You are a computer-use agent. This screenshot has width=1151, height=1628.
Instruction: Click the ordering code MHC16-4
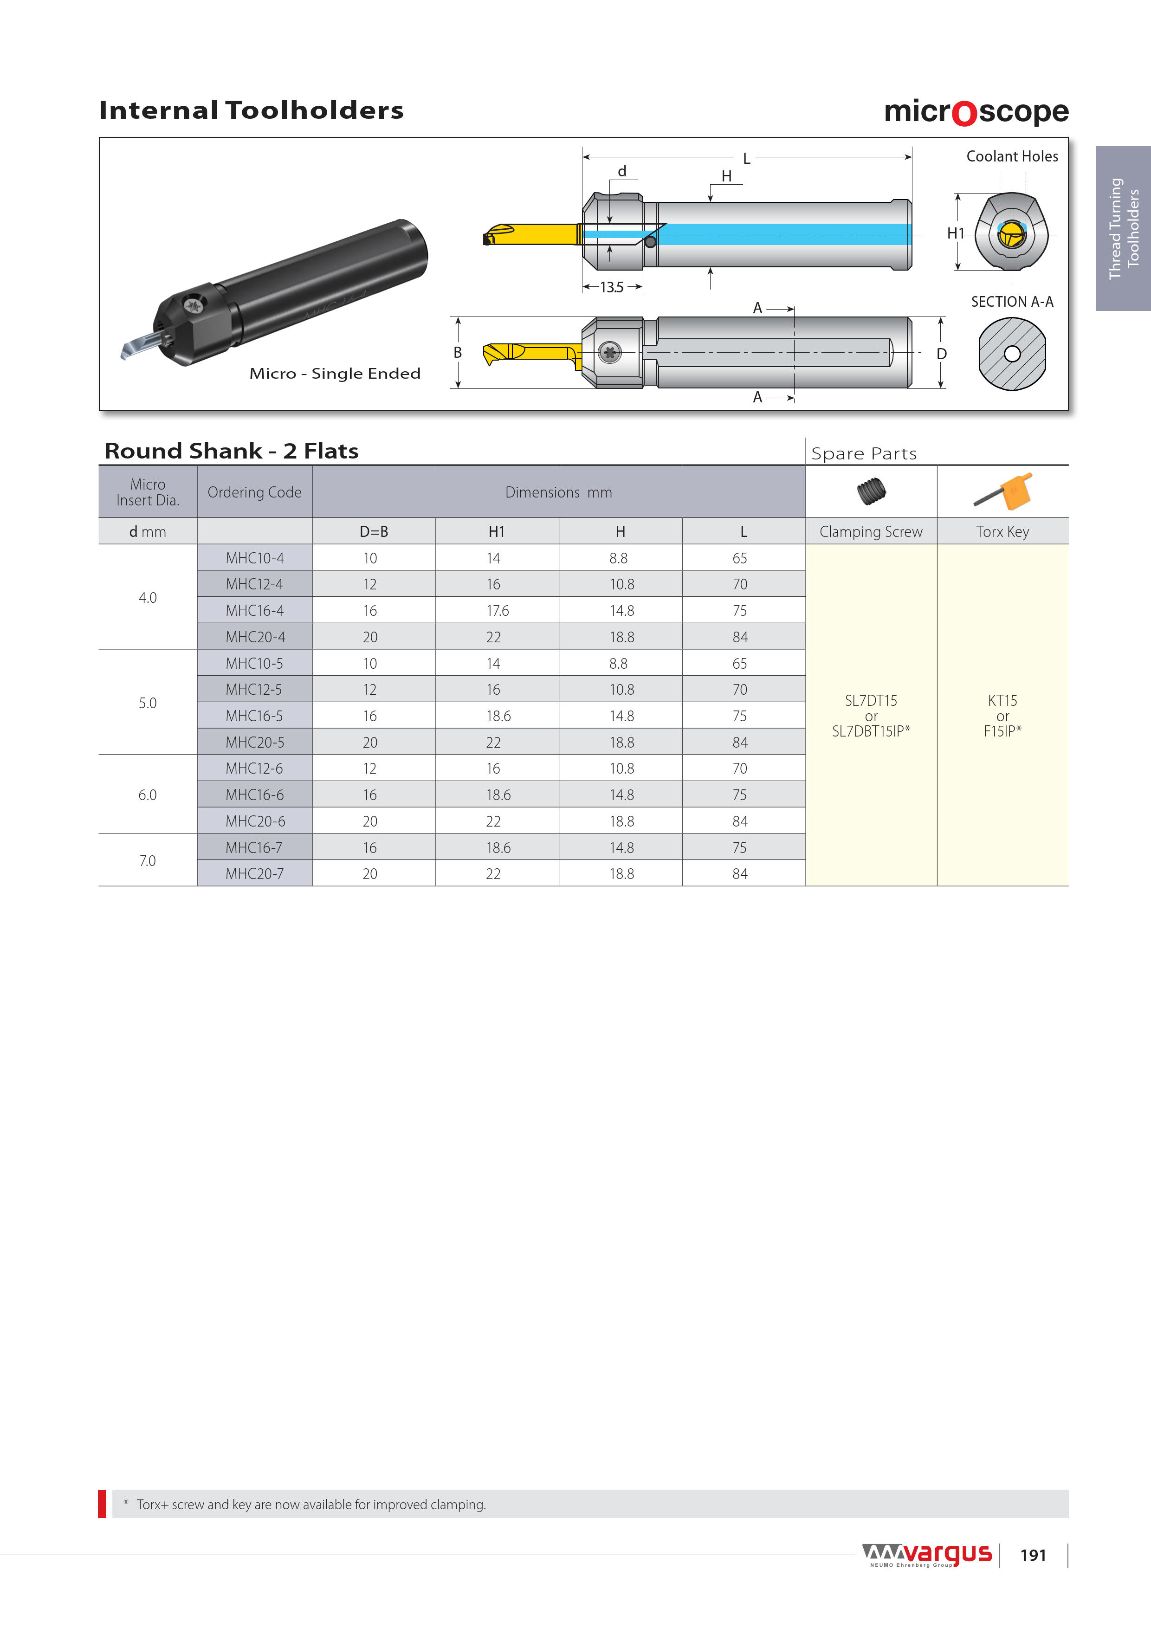(255, 611)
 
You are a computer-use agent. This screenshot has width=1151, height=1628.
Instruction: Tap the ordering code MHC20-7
(255, 873)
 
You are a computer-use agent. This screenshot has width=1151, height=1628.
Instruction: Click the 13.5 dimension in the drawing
(612, 287)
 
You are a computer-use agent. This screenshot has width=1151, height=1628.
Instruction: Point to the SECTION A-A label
(1012, 302)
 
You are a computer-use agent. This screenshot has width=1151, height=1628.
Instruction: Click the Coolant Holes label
(1012, 156)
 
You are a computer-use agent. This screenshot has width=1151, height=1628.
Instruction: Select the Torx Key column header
(1002, 532)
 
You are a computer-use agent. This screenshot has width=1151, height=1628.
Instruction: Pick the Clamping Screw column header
(871, 532)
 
